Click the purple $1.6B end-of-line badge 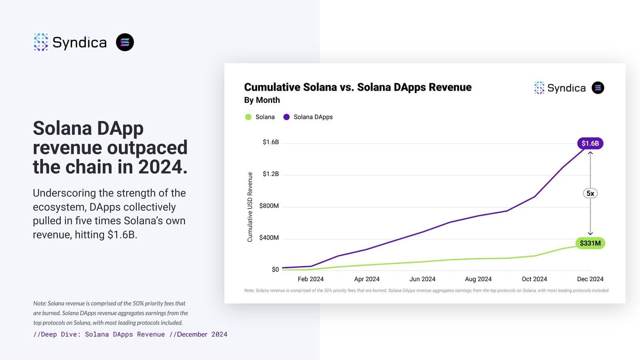(x=590, y=143)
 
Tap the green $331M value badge (x=590, y=243)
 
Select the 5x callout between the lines (x=590, y=194)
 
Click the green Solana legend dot (x=248, y=117)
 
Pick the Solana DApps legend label (x=313, y=117)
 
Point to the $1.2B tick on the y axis (x=270, y=174)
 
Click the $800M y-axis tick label (x=269, y=206)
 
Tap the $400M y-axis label (x=269, y=238)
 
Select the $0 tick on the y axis (x=275, y=270)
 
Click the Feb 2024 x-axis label (x=310, y=279)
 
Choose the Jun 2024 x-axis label (x=422, y=279)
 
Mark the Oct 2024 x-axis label (x=534, y=279)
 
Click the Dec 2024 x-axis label (x=590, y=279)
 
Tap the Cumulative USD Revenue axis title (x=250, y=207)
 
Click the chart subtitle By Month (x=262, y=100)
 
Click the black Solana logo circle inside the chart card (x=598, y=88)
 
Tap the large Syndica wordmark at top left (x=79, y=42)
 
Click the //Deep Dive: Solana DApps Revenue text (x=99, y=334)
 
